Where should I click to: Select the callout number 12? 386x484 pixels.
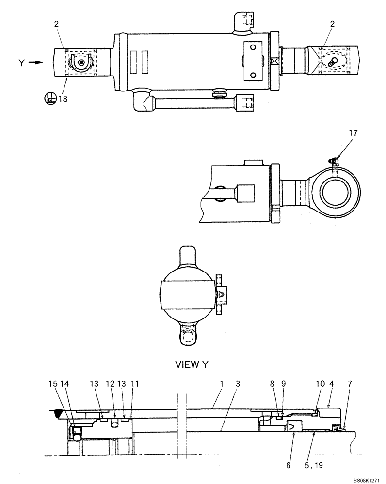110,383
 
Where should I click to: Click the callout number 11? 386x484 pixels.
135,383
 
